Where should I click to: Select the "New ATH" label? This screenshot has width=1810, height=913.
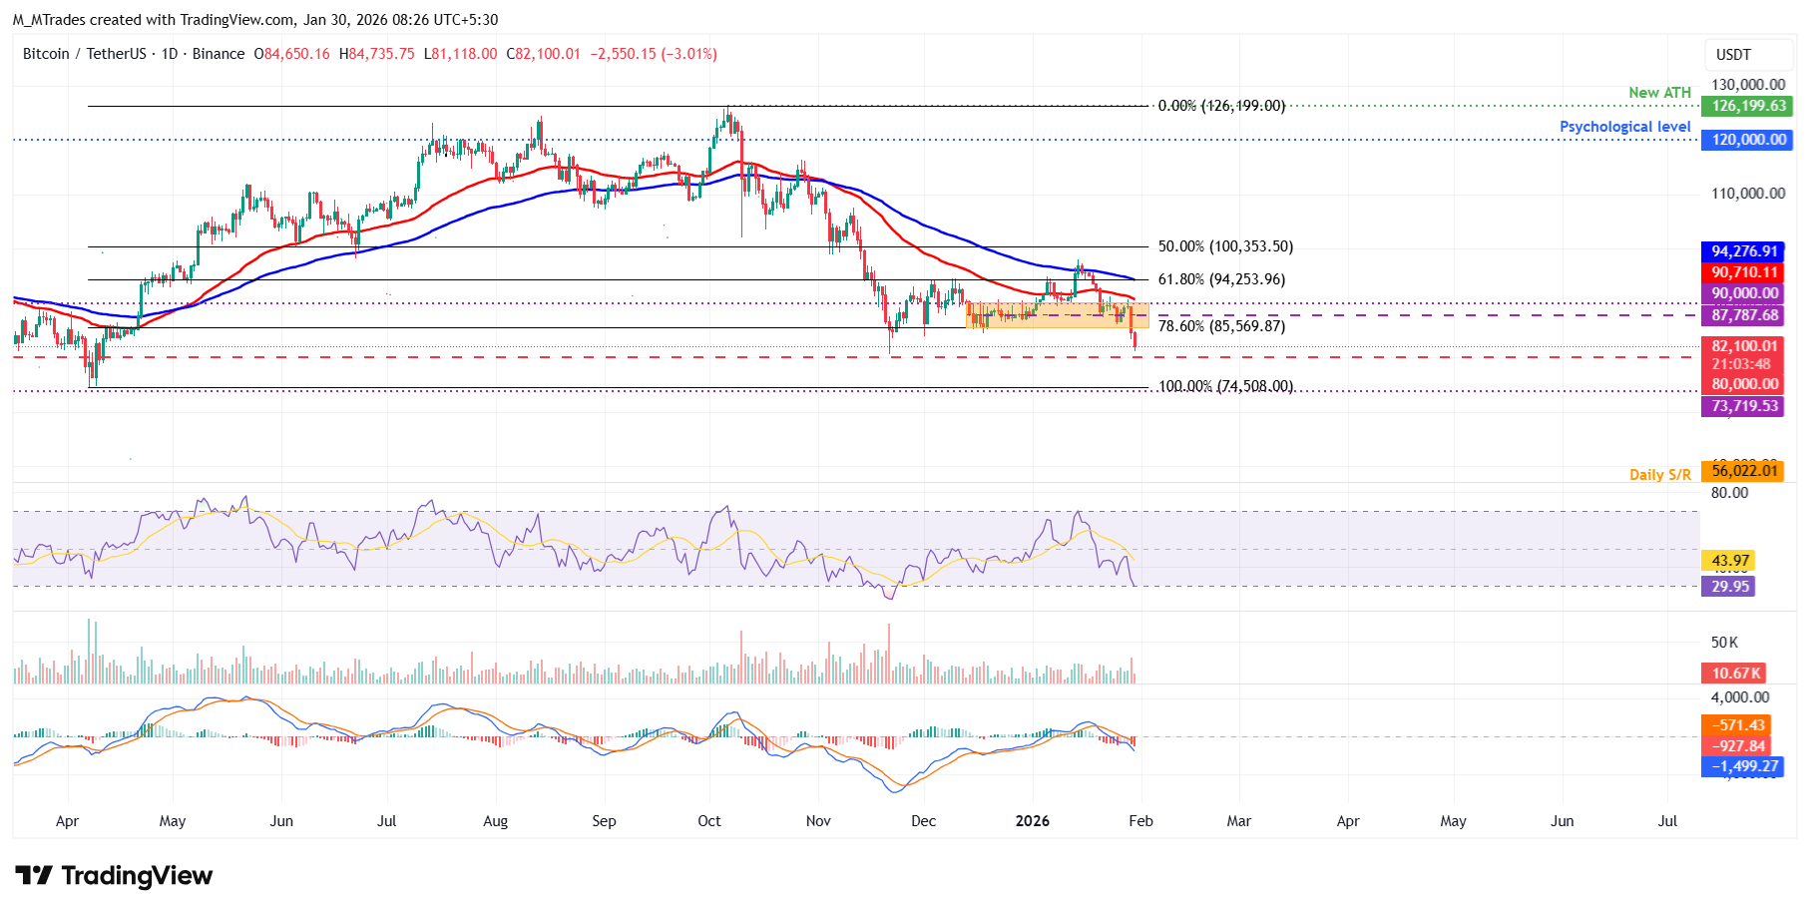point(1659,93)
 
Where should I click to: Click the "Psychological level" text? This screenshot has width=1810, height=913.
point(1624,127)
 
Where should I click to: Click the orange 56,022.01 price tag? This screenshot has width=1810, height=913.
point(1744,471)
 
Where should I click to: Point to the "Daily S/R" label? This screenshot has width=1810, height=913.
point(1659,475)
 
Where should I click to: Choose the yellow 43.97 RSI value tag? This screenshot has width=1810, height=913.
point(1729,561)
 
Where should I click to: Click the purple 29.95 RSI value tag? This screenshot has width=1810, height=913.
point(1729,587)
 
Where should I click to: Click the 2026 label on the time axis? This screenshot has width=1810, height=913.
point(1032,821)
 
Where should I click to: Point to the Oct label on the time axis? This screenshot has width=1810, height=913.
point(708,821)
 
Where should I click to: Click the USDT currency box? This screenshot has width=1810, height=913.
point(1733,55)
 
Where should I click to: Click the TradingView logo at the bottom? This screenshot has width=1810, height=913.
point(114,876)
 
